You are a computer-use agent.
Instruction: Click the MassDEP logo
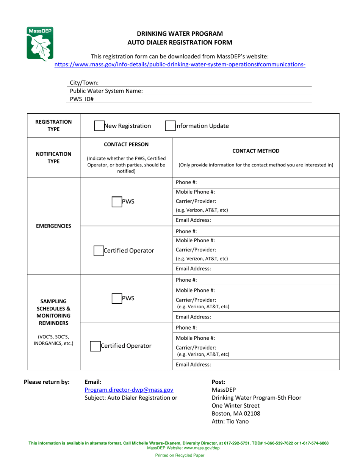[x=39, y=43]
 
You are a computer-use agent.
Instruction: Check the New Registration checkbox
[x=99, y=126]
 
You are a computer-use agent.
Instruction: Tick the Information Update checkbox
[x=170, y=126]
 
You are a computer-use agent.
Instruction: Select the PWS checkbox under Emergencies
[x=116, y=202]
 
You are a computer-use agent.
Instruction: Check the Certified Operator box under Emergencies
[x=99, y=251]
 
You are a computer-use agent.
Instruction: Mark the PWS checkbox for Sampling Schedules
[x=116, y=298]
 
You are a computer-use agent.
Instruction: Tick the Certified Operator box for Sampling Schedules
[x=95, y=346]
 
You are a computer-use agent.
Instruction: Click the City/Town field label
[x=84, y=83]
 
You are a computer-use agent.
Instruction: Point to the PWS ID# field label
[x=81, y=99]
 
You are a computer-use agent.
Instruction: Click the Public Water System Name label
[x=106, y=91]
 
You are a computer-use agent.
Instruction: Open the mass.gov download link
[x=180, y=64]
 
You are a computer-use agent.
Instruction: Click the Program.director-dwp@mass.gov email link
[x=129, y=390]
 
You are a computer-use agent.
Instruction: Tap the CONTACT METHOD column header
[x=256, y=151]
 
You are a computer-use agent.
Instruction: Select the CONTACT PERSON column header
[x=126, y=144]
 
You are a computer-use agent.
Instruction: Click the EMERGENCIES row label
[x=53, y=226]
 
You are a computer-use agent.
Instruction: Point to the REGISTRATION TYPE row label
[x=53, y=126]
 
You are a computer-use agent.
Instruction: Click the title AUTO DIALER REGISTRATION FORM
[x=180, y=42]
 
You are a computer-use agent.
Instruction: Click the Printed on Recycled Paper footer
[x=180, y=455]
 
